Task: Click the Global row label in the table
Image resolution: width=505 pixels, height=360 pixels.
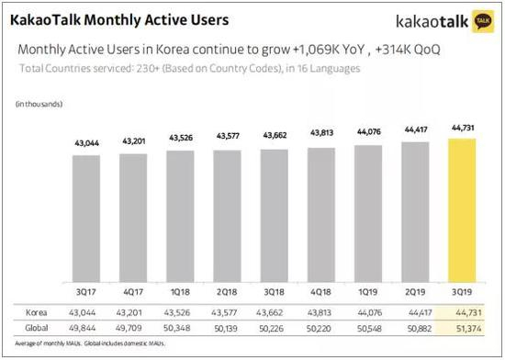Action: tap(35, 327)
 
